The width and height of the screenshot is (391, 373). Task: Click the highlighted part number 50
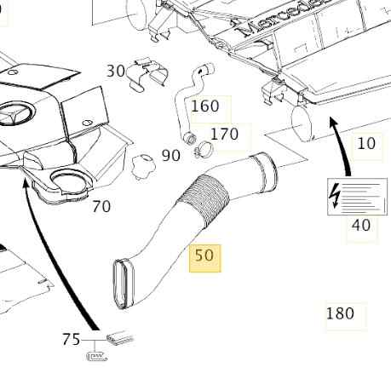(204, 255)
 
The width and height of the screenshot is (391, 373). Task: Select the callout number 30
(116, 71)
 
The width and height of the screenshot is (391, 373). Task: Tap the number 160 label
(205, 106)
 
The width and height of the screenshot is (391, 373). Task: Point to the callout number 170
(224, 134)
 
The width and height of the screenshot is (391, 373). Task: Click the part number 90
(170, 156)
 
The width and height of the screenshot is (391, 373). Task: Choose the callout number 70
(101, 206)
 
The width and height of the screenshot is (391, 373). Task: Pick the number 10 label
(366, 143)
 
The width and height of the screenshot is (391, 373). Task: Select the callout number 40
(361, 226)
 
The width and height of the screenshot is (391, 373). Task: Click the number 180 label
(340, 313)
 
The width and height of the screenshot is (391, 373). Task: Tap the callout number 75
(72, 339)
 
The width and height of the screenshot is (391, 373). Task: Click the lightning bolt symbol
(335, 196)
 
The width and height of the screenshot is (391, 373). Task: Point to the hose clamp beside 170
(203, 149)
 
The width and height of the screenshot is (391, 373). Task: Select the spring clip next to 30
(147, 75)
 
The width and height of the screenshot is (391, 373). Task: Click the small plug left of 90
(144, 166)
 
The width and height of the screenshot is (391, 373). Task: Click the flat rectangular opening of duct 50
(124, 284)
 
